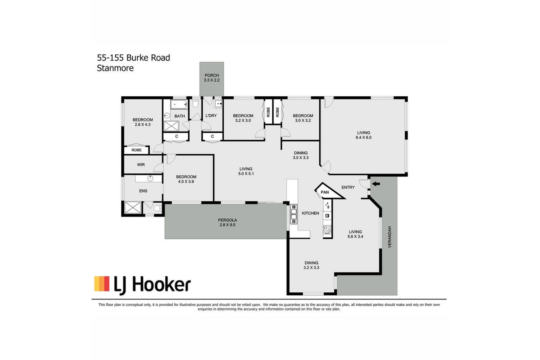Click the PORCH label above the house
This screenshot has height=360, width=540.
point(212,75)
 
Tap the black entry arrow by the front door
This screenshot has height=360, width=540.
point(376,184)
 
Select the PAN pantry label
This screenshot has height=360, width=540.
point(325,192)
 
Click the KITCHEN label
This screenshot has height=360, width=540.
point(310,213)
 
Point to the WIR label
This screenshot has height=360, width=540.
point(141,165)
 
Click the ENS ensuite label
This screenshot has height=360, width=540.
point(143,191)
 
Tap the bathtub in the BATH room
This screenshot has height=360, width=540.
point(179,105)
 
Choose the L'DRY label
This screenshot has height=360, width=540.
point(211,116)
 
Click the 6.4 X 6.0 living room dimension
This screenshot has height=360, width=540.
point(363,138)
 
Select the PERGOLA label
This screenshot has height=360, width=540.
point(228,220)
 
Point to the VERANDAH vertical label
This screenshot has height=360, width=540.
point(389,237)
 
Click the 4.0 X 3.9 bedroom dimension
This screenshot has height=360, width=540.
point(186,182)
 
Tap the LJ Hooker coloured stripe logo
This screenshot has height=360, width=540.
point(101,283)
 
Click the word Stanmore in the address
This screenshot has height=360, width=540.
point(115,68)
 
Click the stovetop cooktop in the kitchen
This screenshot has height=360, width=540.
point(327,229)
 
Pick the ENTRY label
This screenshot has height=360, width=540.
point(348,187)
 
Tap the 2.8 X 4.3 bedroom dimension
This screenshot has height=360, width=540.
point(143,124)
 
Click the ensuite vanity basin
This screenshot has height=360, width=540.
point(150,178)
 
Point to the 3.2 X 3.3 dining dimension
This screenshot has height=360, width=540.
point(311,267)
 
